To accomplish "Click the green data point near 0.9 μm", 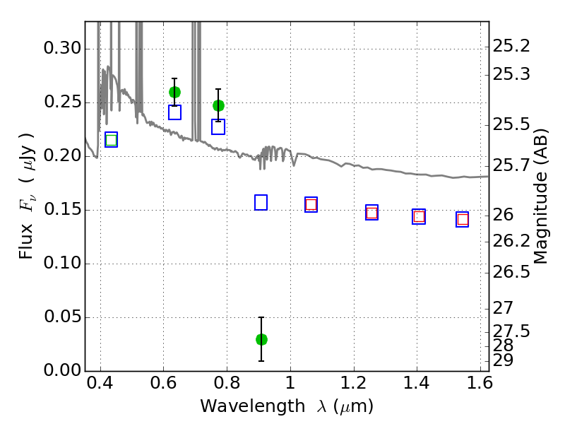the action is pyautogui.click(x=261, y=339).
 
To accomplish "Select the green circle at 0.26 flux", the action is pyautogui.click(x=174, y=93).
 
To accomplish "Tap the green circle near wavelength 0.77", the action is pyautogui.click(x=218, y=105).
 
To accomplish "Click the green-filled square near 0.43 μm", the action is pyautogui.click(x=112, y=140).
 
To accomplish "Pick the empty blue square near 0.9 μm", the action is pyautogui.click(x=261, y=202).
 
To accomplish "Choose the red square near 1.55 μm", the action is pyautogui.click(x=463, y=219).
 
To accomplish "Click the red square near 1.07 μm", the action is pyautogui.click(x=311, y=205).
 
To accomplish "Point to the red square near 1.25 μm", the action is pyautogui.click(x=372, y=213).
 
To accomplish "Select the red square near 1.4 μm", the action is pyautogui.click(x=419, y=217).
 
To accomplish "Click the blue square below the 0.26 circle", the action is pyautogui.click(x=174, y=112).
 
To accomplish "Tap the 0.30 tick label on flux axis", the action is pyautogui.click(x=62, y=48).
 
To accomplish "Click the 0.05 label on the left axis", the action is pyautogui.click(x=62, y=317).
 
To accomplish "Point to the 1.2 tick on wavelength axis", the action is pyautogui.click(x=354, y=382).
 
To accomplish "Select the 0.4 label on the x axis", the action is pyautogui.click(x=100, y=382).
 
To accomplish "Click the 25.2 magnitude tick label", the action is pyautogui.click(x=511, y=46).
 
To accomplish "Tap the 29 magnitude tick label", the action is pyautogui.click(x=503, y=360).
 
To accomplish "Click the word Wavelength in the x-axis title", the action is pyautogui.click(x=253, y=406).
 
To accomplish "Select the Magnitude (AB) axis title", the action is pyautogui.click(x=540, y=196).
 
